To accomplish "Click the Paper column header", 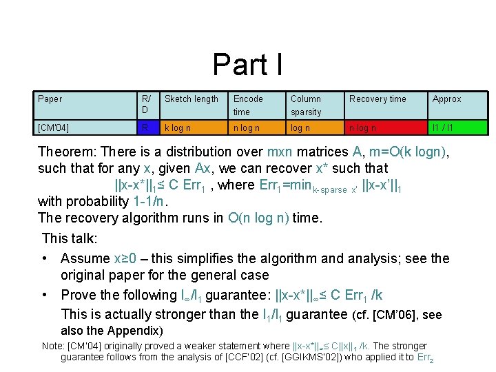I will (50, 99).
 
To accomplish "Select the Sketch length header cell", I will (192, 99).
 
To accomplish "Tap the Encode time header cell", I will (248, 105).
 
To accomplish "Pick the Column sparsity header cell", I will (306, 105).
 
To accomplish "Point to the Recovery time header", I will (378, 99).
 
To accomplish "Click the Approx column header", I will (447, 99).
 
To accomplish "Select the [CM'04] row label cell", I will (53, 127).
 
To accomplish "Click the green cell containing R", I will (145, 127).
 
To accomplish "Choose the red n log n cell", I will (362, 127).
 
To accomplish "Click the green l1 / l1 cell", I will (442, 127).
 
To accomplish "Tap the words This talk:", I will (70, 239).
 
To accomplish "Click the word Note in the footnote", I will (52, 346).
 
